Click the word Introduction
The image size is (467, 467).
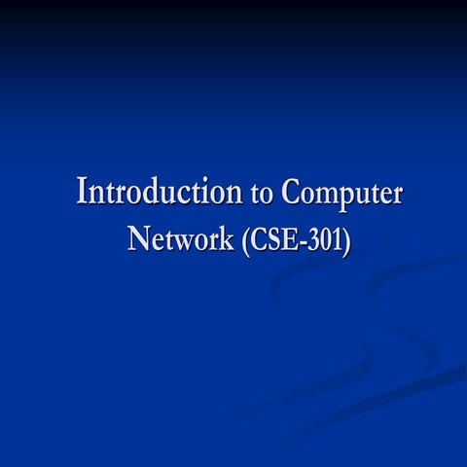coord(161,191)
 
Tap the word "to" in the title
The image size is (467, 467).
coord(263,193)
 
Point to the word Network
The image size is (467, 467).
coord(178,237)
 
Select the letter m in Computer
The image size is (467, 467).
coord(324,194)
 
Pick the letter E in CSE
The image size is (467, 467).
coord(285,237)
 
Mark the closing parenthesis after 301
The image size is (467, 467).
coord(346,238)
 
